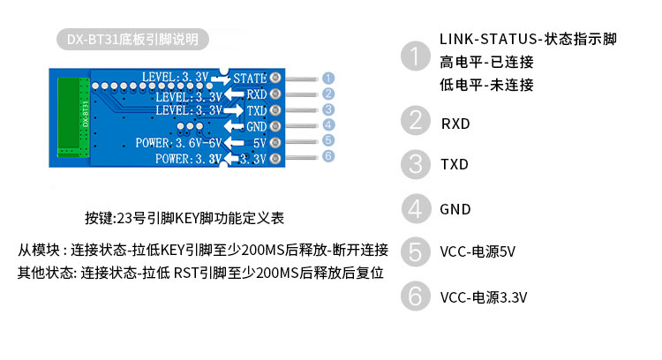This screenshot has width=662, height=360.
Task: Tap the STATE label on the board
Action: coord(250,79)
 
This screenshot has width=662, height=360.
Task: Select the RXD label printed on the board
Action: coord(256,94)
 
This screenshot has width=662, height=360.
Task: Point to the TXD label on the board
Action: coord(256,110)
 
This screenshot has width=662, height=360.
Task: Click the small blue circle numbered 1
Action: coord(327,78)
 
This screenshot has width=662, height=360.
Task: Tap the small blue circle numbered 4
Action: coord(327,125)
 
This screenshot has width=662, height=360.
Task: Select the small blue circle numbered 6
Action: coord(327,156)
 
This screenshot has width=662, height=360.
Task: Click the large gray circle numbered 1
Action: coord(413,57)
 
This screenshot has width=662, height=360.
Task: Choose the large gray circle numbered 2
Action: coord(413,120)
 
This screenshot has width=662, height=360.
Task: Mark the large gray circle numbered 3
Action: coord(413,164)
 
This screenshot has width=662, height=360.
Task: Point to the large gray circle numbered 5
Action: coord(413,251)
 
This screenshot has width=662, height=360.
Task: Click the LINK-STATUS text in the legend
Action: coord(489,40)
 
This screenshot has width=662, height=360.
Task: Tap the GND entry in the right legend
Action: coord(455,209)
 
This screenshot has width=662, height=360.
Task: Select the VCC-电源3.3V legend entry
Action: coord(484,297)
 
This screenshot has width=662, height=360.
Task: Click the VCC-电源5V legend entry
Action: coord(478,252)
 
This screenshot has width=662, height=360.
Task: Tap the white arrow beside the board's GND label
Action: coord(235,126)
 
